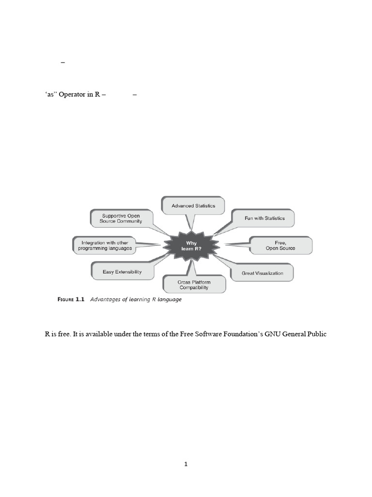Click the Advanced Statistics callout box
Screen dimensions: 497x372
pyautogui.click(x=193, y=206)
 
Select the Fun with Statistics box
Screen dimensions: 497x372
pyautogui.click(x=264, y=218)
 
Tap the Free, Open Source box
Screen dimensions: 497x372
pyautogui.click(x=280, y=245)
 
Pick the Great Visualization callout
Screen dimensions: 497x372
pyautogui.click(x=263, y=273)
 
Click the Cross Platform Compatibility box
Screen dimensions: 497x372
pyautogui.click(x=194, y=285)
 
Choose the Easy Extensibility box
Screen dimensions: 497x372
pyautogui.click(x=122, y=272)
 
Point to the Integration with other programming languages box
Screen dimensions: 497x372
pyautogui.click(x=105, y=246)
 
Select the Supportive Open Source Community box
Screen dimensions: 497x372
pyautogui.click(x=122, y=218)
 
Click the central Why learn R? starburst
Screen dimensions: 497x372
pyautogui.click(x=192, y=246)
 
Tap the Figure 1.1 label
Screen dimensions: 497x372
pyautogui.click(x=71, y=299)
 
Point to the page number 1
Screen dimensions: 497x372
pyautogui.click(x=186, y=464)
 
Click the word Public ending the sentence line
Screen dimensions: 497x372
pyautogui.click(x=317, y=334)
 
